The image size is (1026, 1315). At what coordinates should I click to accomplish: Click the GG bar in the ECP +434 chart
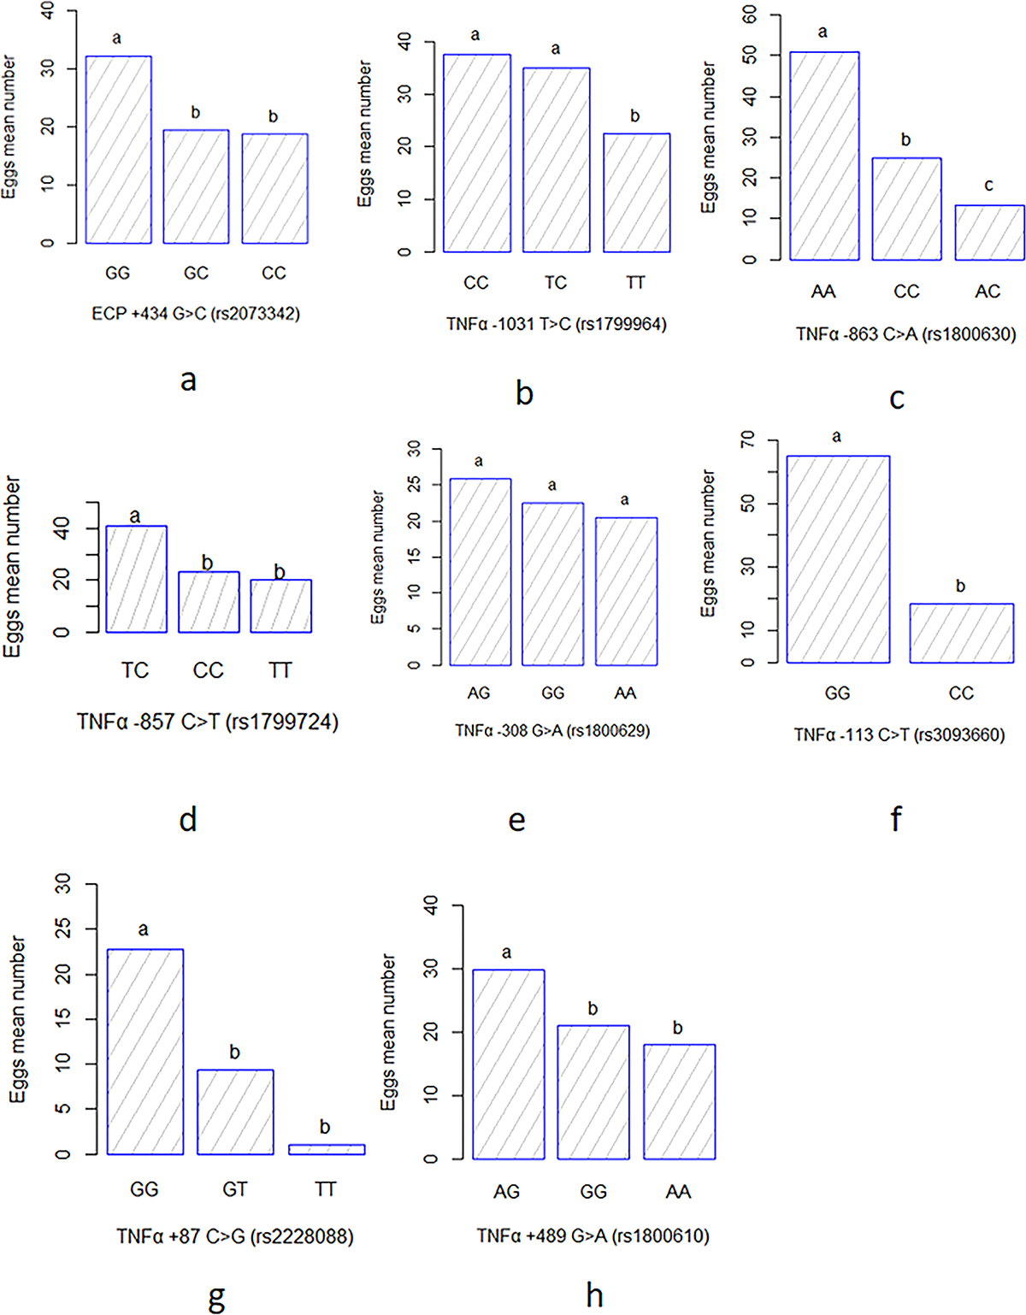click(x=119, y=150)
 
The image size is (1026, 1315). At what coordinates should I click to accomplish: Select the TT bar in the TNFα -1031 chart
click(x=636, y=192)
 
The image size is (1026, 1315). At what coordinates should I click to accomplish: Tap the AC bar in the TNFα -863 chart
click(x=989, y=233)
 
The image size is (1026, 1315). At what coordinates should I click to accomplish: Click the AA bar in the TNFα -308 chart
click(x=626, y=591)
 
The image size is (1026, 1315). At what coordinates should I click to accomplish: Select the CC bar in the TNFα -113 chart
click(x=961, y=633)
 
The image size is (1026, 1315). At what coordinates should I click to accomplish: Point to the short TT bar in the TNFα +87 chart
click(x=327, y=1149)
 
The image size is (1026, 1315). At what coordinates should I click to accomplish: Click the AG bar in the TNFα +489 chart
click(x=508, y=1064)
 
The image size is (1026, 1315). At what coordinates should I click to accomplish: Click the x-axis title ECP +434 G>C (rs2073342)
click(x=196, y=314)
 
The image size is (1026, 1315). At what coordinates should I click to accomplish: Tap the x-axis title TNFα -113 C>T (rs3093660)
click(x=899, y=734)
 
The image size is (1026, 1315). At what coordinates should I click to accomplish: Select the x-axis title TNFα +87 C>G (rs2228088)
click(x=235, y=1235)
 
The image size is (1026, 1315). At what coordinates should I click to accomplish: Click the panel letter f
click(x=895, y=819)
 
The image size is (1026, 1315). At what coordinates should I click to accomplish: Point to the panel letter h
click(x=594, y=1294)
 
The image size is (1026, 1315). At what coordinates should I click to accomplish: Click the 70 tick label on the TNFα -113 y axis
click(x=748, y=439)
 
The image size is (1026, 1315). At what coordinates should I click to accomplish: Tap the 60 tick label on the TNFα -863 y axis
click(x=750, y=15)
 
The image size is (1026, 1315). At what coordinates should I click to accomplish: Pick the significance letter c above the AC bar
click(x=988, y=185)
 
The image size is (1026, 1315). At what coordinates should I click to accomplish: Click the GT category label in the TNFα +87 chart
click(x=235, y=1189)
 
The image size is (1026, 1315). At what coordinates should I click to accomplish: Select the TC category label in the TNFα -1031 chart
click(x=556, y=282)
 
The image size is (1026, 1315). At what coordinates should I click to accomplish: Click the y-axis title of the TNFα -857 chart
click(x=12, y=566)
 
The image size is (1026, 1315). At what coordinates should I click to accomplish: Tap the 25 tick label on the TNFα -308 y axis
click(x=414, y=484)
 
